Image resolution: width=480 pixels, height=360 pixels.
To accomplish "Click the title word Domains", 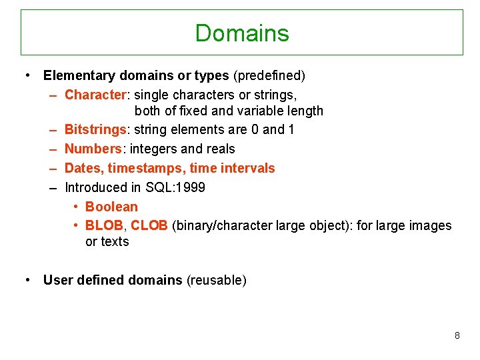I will coord(241,33).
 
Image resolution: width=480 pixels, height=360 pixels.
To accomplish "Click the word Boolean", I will coord(111,207).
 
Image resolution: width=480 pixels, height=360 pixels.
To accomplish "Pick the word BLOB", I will coord(104,226).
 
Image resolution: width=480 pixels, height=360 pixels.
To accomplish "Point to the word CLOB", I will coord(149,226).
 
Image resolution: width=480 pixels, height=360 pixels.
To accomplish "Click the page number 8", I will coord(457,335).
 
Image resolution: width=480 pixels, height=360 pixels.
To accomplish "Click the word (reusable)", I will coord(216,280).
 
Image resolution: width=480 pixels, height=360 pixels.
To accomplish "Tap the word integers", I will coord(153,149).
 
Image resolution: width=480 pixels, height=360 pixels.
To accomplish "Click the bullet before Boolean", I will coord(77,207).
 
